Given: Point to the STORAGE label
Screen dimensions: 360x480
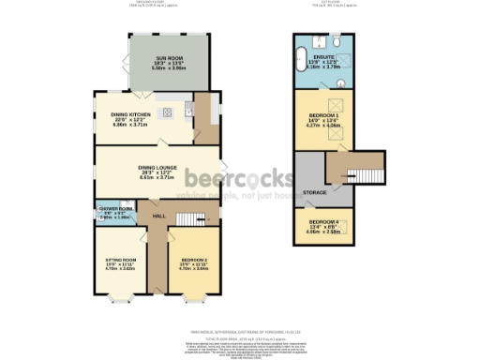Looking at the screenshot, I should point(316,191).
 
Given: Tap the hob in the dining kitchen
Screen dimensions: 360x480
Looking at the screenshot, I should point(168,112).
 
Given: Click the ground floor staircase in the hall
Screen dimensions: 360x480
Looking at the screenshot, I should point(191,218).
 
